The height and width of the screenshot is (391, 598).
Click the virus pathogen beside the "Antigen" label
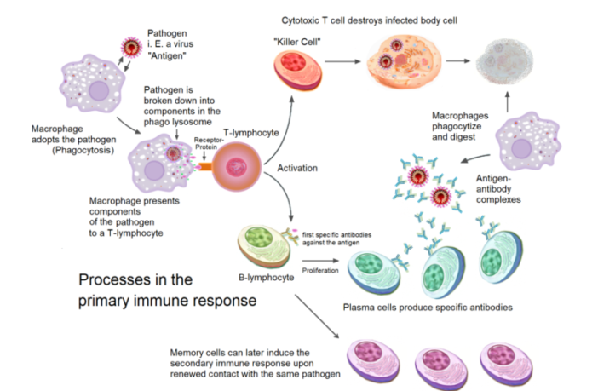pyautogui.click(x=129, y=44)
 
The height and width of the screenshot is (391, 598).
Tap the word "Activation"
pyautogui.click(x=296, y=169)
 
